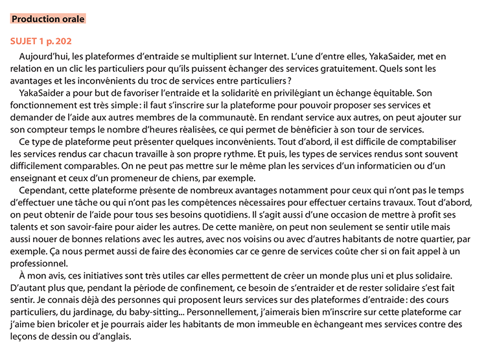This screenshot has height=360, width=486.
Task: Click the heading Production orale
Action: click(x=48, y=19)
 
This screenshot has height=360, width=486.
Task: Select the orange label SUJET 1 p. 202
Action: click(x=41, y=41)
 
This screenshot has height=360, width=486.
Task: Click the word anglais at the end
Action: click(x=116, y=337)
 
